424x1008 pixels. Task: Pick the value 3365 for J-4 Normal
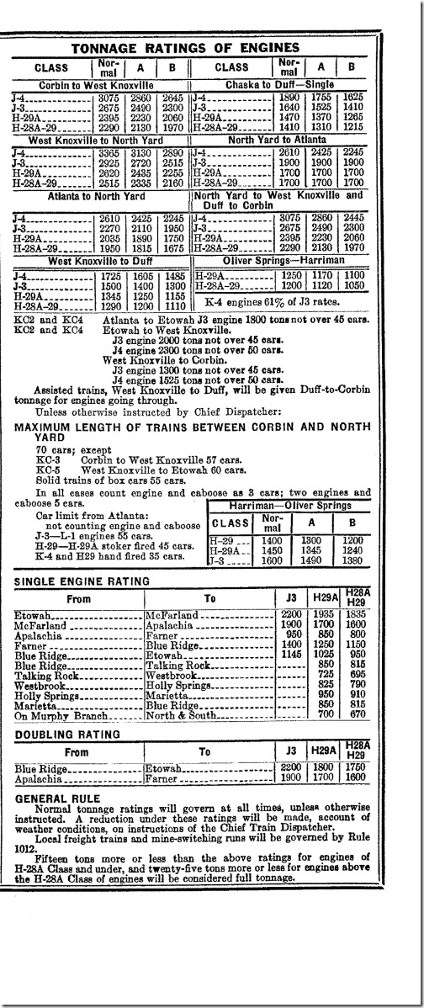pos(103,153)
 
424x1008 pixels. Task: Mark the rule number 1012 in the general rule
pos(27,849)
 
